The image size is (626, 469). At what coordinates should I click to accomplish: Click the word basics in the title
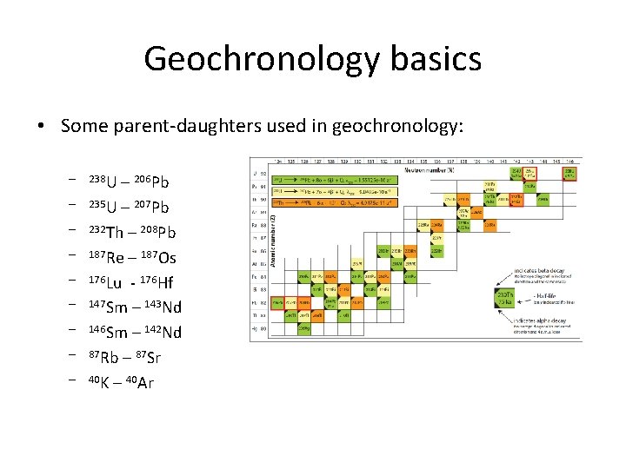[438, 59]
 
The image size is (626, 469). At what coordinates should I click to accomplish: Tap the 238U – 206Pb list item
[129, 182]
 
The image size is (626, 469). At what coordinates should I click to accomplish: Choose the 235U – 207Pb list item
[129, 207]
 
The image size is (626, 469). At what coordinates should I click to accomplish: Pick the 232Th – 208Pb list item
[132, 232]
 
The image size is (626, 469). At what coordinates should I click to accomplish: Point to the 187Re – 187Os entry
[132, 257]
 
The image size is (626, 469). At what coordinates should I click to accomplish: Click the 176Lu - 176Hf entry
[130, 282]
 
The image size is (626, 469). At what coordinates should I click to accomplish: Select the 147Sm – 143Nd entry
[135, 307]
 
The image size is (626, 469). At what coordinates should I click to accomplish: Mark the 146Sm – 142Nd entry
[135, 332]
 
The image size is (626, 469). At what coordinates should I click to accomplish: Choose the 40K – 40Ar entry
[121, 382]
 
